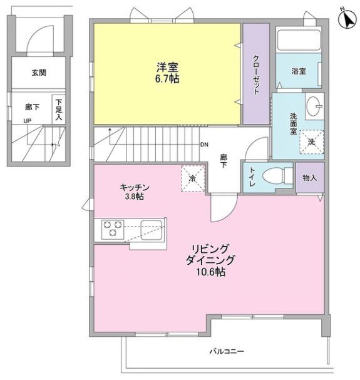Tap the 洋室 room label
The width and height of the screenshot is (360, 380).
point(166,67)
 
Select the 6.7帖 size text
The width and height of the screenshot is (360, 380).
point(166,80)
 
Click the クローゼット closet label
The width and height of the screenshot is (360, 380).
point(256,74)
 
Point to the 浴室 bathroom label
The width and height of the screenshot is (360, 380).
point(298,71)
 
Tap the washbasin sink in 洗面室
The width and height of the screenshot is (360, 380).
point(314,107)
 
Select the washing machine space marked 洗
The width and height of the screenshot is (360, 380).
point(311,141)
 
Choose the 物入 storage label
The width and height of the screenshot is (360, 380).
point(309,177)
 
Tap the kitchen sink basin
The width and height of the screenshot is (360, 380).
point(152,229)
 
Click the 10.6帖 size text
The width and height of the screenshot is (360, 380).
point(210,273)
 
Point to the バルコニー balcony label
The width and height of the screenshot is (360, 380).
point(227,351)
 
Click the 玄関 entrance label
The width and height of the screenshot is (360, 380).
point(39,72)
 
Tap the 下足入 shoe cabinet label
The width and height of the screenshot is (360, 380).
point(59,109)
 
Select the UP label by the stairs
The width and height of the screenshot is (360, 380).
point(27,121)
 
